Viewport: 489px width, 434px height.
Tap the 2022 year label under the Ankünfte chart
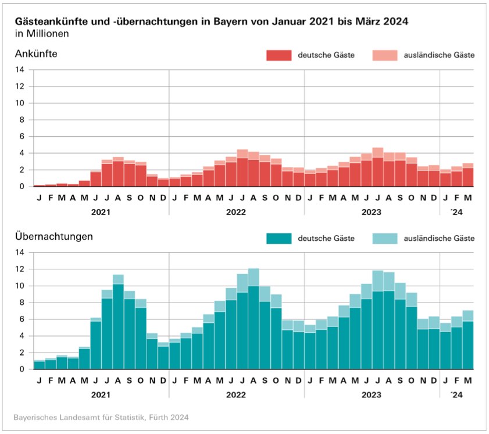[237, 212]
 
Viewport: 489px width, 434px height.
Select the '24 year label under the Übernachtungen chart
[457, 395]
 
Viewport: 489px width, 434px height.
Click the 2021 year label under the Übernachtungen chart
[101, 395]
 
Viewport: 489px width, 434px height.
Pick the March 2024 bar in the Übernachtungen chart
[468, 340]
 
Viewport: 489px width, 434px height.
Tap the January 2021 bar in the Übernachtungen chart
[39, 365]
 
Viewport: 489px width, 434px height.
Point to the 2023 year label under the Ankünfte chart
[372, 212]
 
